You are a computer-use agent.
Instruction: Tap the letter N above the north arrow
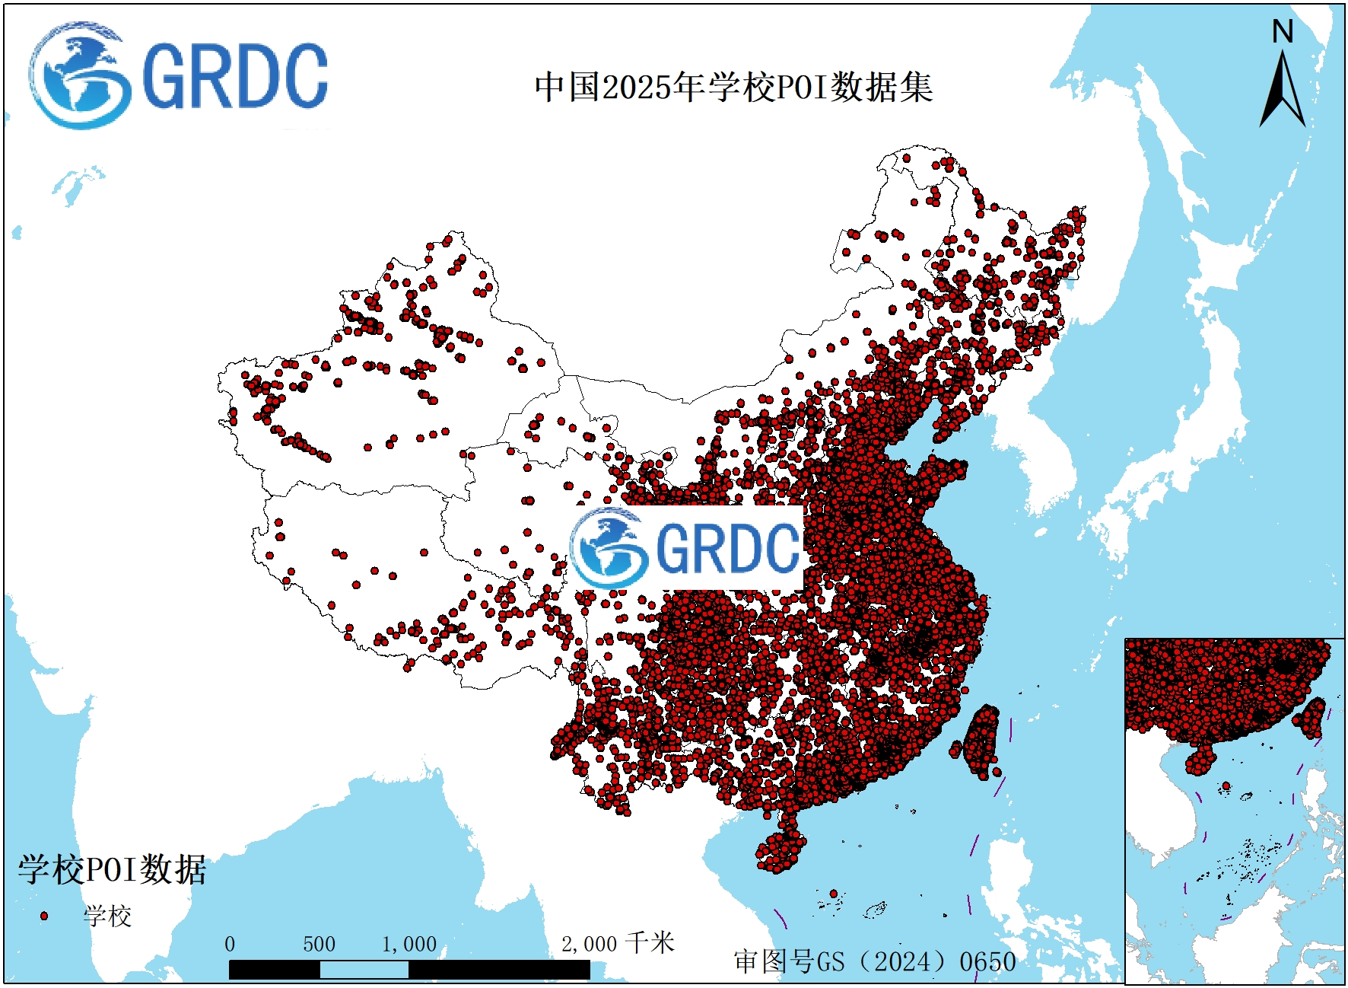point(1283,32)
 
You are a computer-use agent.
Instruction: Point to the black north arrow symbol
point(1283,91)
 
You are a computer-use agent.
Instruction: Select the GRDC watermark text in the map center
point(726,548)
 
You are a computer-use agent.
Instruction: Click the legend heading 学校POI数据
point(112,869)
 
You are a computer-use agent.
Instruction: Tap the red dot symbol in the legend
point(43,916)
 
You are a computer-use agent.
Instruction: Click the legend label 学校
point(107,916)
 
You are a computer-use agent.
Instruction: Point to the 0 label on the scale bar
point(230,945)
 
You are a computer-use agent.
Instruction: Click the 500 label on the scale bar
point(319,945)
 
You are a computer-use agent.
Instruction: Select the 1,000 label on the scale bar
point(409,945)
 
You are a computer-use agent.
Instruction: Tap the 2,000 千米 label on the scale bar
point(617,944)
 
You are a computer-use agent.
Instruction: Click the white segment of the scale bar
point(364,970)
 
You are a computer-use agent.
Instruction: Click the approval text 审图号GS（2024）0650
point(875,961)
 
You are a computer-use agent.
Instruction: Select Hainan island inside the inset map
point(1200,760)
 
